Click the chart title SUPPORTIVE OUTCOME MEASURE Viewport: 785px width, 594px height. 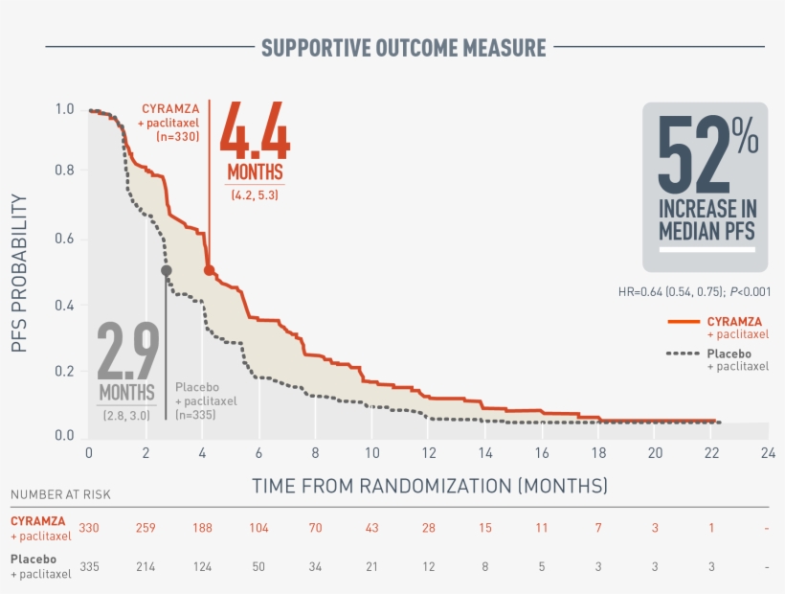click(403, 47)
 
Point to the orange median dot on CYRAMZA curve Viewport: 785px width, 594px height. click(209, 270)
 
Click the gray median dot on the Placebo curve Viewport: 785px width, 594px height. click(166, 270)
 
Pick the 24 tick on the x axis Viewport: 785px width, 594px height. click(766, 452)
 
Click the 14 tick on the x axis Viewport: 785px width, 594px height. click(485, 452)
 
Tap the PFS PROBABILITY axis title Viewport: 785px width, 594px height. click(20, 273)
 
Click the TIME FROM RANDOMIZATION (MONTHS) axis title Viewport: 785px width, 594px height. click(429, 486)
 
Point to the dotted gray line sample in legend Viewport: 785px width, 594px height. click(684, 354)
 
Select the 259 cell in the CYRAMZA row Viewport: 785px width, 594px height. click(146, 527)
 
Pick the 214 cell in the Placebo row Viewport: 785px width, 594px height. click(146, 566)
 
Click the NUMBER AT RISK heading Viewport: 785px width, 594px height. click(60, 494)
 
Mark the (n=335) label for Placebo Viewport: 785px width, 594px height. click(196, 414)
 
